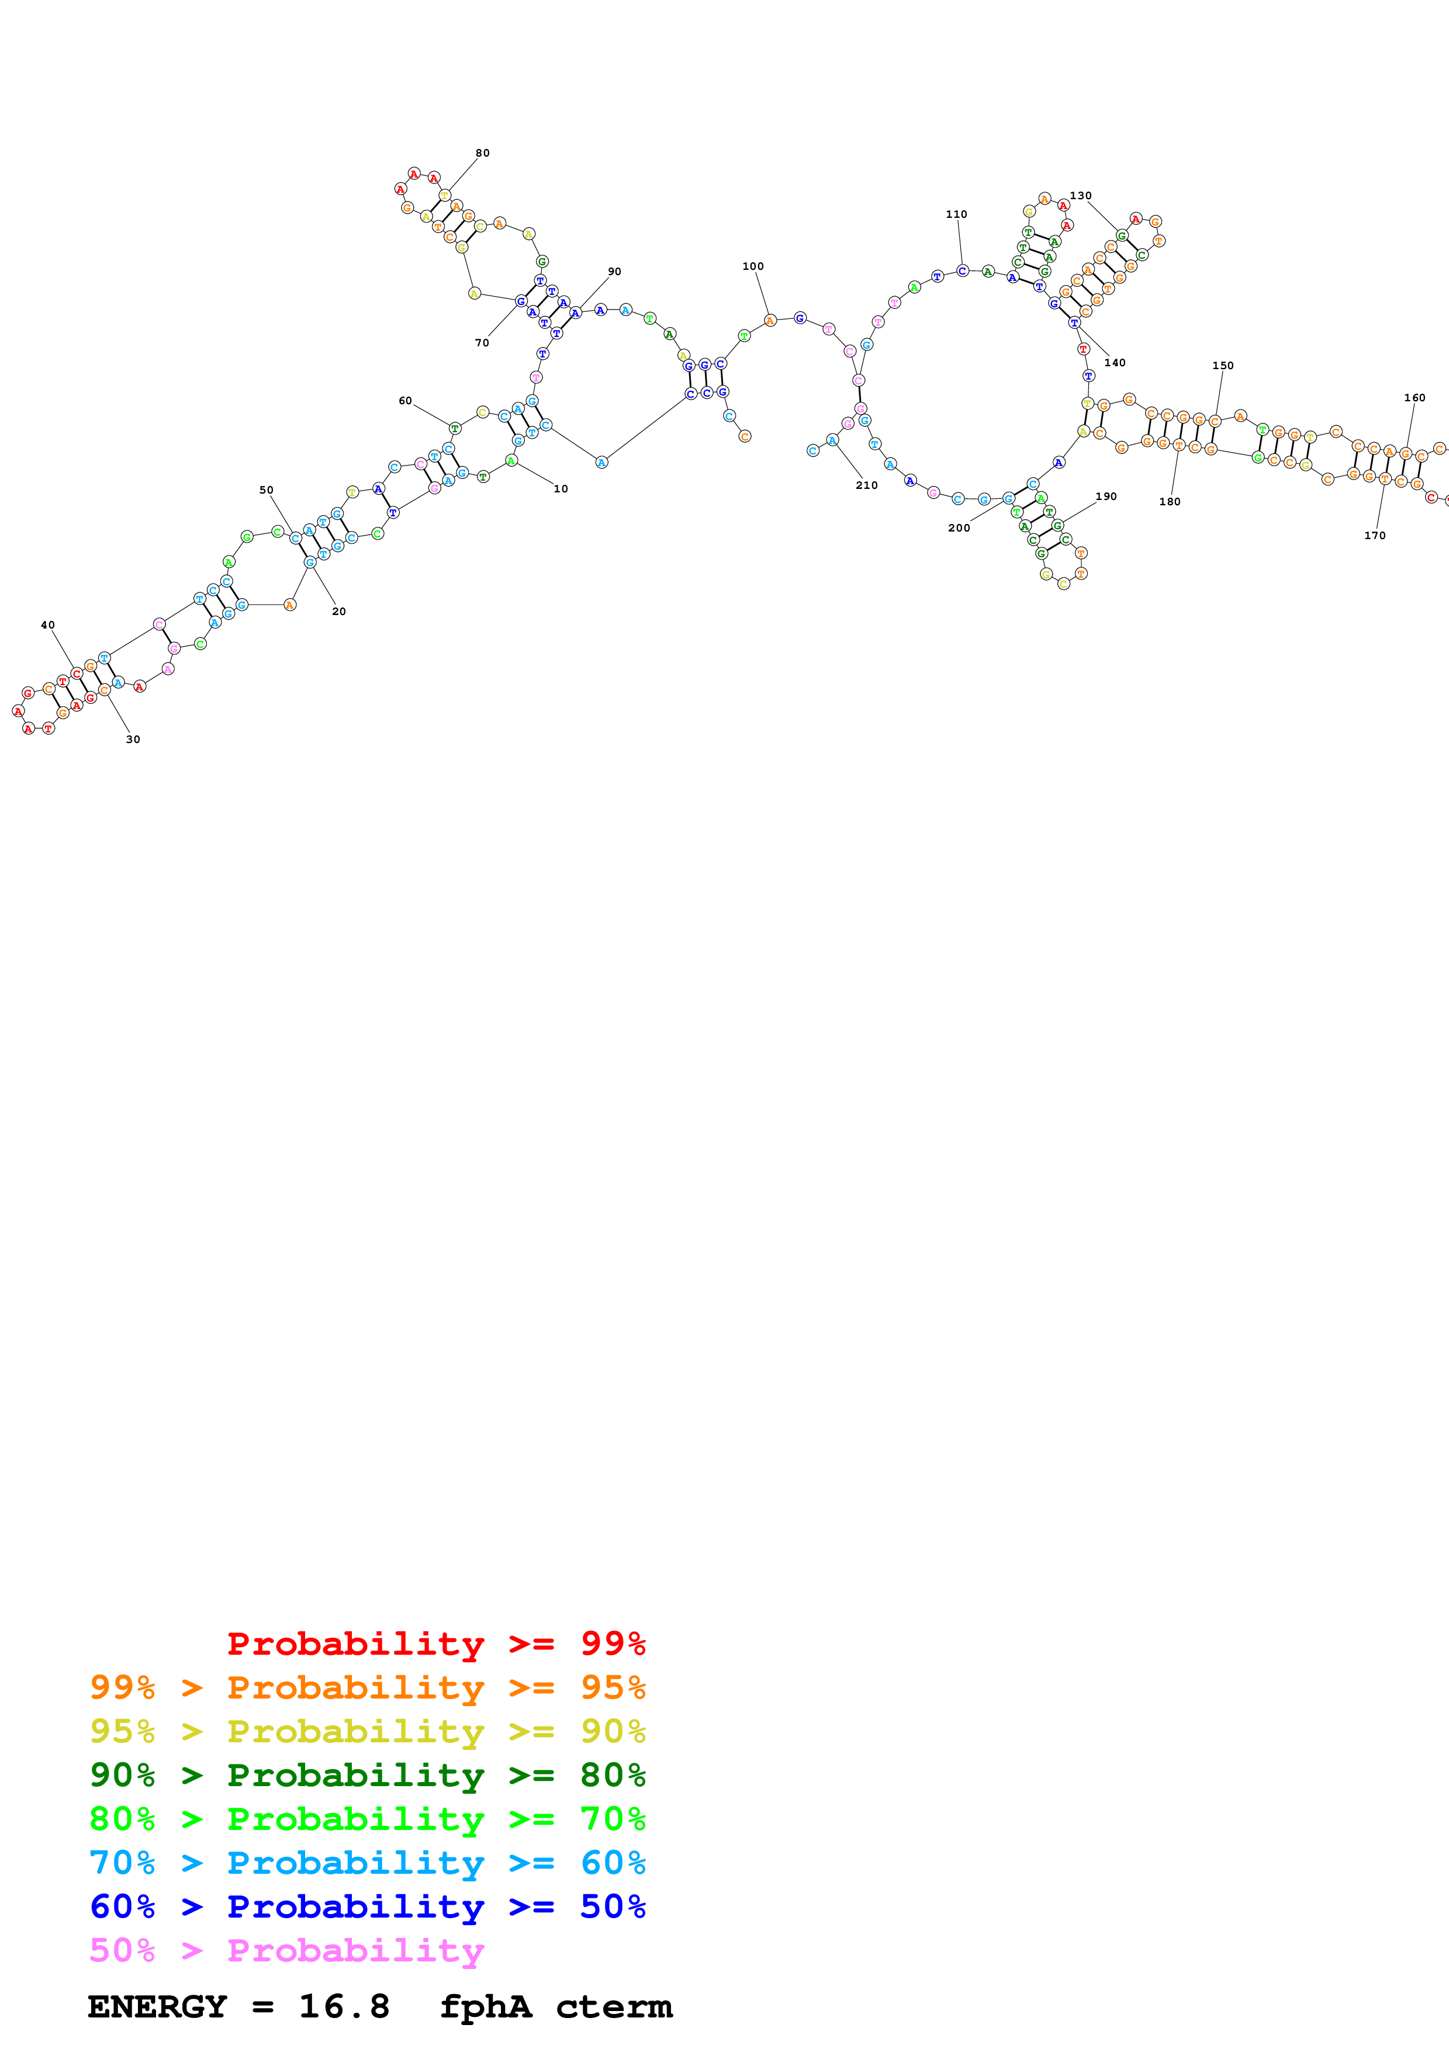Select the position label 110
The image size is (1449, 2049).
tap(956, 215)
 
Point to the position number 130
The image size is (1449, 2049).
tap(1080, 196)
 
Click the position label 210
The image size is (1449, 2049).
tap(866, 485)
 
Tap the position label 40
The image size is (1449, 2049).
tap(48, 626)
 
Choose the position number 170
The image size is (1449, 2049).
tap(1374, 536)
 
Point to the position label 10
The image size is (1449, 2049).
tap(561, 489)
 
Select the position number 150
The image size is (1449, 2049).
tap(1222, 366)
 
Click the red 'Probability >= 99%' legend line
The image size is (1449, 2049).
tap(435, 1644)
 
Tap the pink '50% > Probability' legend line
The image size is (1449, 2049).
tap(286, 1951)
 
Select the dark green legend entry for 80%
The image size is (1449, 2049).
tap(367, 1776)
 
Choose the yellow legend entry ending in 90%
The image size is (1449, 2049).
tap(367, 1732)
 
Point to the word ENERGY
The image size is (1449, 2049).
tap(157, 2007)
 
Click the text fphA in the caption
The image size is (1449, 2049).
tap(486, 2007)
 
